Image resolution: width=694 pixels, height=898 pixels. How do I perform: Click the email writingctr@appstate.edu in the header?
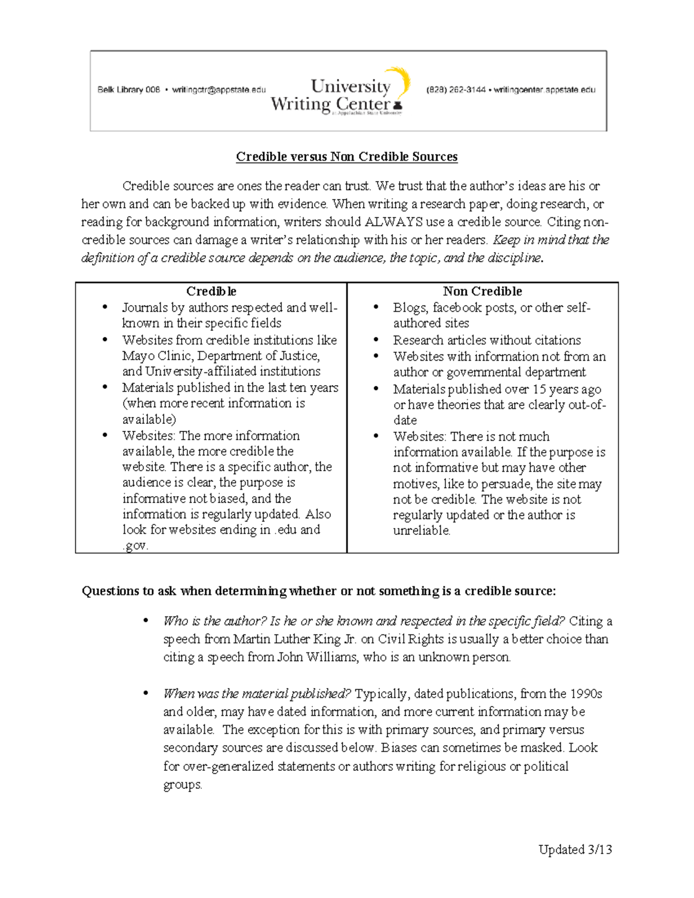[219, 90]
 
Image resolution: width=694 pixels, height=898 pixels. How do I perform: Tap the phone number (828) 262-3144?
[456, 90]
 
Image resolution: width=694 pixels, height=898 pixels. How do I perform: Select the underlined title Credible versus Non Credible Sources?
[346, 157]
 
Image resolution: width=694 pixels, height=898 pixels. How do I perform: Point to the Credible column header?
[211, 291]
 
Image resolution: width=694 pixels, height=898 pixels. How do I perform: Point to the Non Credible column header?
[482, 291]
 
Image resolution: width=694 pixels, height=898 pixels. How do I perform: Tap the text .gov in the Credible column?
[135, 545]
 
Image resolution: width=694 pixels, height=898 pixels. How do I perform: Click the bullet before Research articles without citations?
[376, 340]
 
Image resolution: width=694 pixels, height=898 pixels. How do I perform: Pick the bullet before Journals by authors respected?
[105, 307]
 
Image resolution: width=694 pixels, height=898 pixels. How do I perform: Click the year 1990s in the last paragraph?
[586, 693]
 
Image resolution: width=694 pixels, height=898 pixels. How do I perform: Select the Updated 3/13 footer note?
[575, 849]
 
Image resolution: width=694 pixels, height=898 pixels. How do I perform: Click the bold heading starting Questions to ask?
[319, 591]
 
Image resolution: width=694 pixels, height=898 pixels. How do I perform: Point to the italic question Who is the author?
[215, 621]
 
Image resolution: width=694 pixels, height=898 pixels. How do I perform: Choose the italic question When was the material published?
[257, 693]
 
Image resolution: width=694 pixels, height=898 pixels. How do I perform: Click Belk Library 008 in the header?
[128, 90]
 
